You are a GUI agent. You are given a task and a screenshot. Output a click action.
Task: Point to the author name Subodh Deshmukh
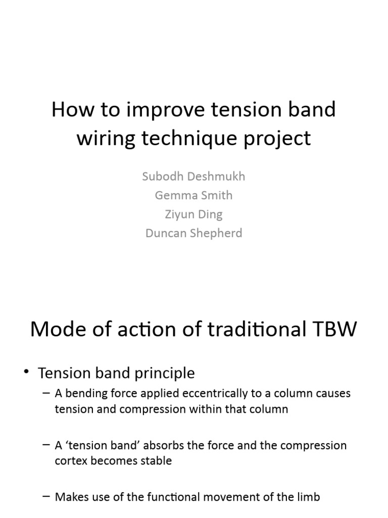click(x=193, y=177)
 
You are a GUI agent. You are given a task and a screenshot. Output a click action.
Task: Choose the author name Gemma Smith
click(x=193, y=195)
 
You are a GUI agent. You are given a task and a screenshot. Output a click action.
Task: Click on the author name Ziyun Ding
click(x=193, y=214)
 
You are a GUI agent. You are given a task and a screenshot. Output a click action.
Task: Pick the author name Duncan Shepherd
click(x=193, y=233)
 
